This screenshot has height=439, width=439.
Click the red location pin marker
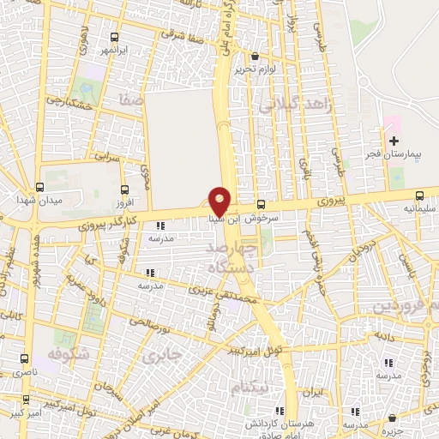click(x=220, y=201)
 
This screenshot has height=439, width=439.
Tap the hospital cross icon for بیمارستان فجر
click(x=394, y=141)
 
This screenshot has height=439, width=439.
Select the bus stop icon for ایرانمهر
click(x=115, y=37)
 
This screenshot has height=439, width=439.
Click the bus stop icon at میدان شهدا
click(x=39, y=187)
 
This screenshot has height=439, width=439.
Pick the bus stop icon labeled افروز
click(x=125, y=189)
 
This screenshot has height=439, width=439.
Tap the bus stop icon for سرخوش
click(x=262, y=203)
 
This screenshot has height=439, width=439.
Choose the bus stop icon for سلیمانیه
click(x=418, y=195)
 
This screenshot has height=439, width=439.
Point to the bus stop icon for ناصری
click(x=24, y=360)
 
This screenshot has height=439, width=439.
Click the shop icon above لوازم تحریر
click(x=255, y=57)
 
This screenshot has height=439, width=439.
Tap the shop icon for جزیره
click(x=392, y=419)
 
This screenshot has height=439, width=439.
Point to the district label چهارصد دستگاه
click(x=232, y=257)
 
